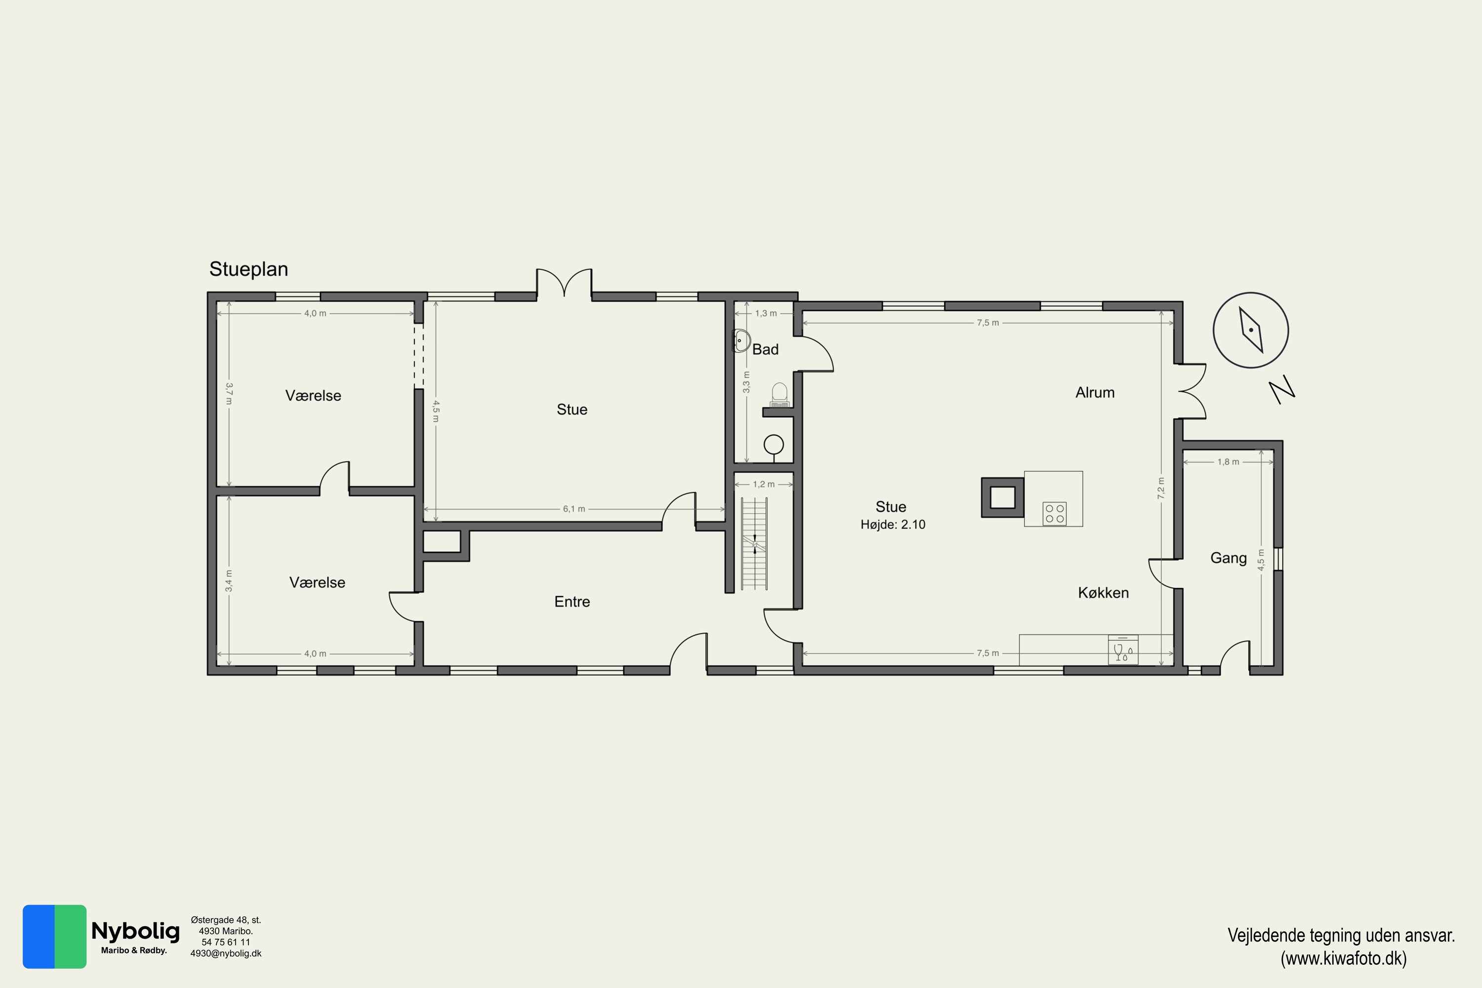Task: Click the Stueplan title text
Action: (x=248, y=269)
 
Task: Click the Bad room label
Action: (x=766, y=349)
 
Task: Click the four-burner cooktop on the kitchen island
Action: (x=1055, y=513)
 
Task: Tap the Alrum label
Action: (x=1095, y=393)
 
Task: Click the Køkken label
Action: (x=1103, y=592)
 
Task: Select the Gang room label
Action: (x=1229, y=558)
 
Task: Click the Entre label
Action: (x=572, y=602)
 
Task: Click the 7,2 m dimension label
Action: (x=1160, y=489)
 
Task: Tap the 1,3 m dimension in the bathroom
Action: (x=766, y=313)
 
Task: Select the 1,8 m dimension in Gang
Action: (x=1228, y=462)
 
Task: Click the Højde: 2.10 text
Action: (x=893, y=524)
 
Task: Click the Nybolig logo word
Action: (x=135, y=931)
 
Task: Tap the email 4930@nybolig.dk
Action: (x=226, y=953)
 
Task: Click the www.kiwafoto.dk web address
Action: (x=1343, y=958)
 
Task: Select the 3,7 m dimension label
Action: (x=229, y=394)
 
